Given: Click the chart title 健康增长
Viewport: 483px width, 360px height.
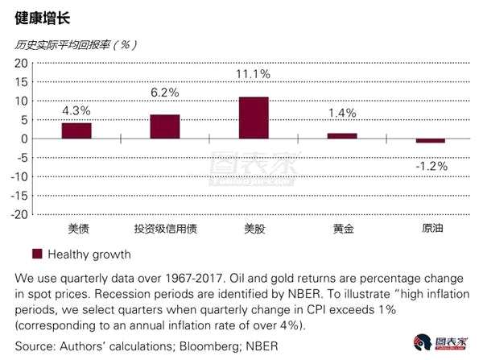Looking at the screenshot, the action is (x=43, y=19).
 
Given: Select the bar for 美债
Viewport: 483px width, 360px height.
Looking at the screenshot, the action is (x=76, y=130).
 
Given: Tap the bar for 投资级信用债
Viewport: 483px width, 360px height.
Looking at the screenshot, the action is (x=165, y=126).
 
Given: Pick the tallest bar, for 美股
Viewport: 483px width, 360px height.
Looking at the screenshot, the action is (x=254, y=118).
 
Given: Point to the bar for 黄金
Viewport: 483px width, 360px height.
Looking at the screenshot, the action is (x=342, y=136).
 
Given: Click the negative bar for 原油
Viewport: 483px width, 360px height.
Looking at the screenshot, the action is (x=431, y=141).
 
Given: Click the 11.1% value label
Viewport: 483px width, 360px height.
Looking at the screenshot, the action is (x=253, y=74).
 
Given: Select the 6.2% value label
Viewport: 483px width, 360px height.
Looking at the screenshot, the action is (x=165, y=93).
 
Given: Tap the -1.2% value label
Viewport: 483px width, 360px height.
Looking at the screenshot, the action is (x=431, y=167).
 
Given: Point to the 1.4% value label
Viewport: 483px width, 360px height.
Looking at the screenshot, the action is (x=342, y=113).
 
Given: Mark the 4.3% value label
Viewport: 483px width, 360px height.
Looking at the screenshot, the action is (x=76, y=110).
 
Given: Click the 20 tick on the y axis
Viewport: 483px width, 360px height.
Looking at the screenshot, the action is (x=21, y=64).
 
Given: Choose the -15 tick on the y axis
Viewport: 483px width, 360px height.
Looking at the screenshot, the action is (x=19, y=196).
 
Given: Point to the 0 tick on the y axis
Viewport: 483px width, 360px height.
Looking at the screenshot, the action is (x=24, y=139).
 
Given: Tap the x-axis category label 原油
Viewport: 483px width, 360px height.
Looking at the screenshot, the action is (x=432, y=229).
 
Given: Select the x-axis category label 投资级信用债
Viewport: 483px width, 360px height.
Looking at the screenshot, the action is (x=165, y=229).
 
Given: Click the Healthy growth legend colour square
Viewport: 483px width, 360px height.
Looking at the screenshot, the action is (x=37, y=254).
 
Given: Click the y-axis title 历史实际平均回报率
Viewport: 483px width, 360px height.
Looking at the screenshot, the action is (x=62, y=45).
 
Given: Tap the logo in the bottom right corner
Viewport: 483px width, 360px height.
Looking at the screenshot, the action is (x=441, y=342).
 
